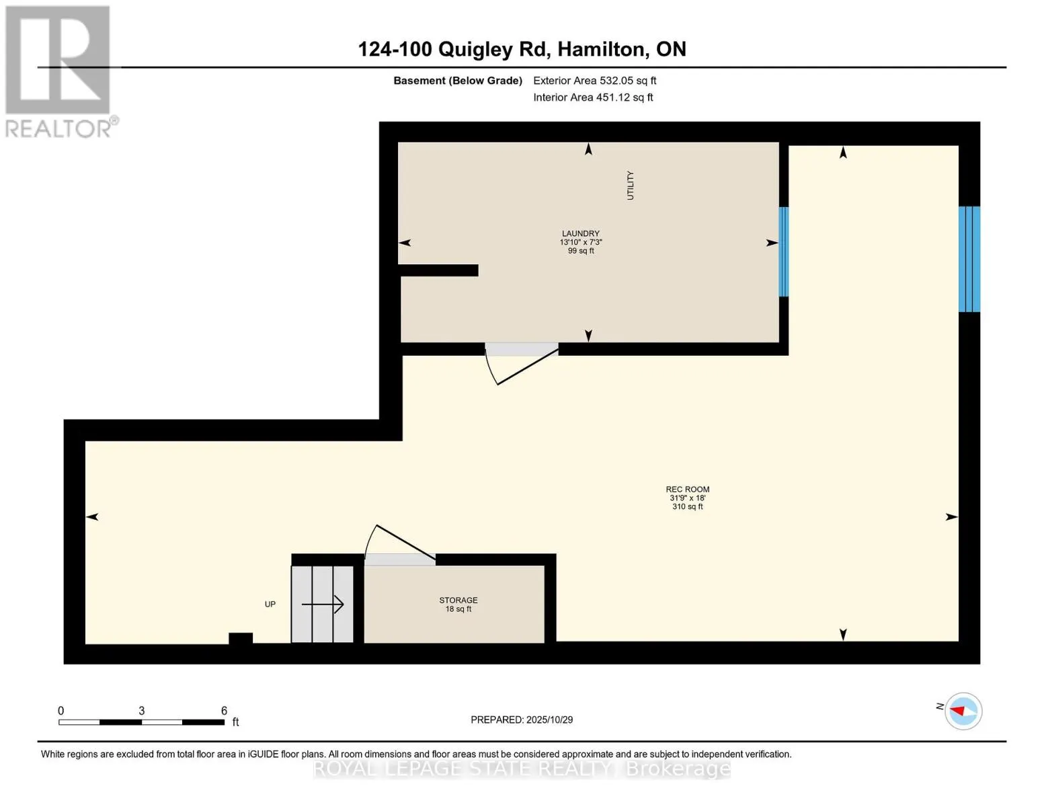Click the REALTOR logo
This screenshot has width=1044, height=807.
pos(59,71)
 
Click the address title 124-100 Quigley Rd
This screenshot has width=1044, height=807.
pos(522,49)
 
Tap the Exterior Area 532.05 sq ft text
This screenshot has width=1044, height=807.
pos(594,81)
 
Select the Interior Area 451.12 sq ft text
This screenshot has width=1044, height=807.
pos(593,98)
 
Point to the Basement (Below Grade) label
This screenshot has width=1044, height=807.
pos(457,81)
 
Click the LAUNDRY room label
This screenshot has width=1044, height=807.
pos(581,234)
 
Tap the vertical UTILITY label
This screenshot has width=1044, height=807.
pos(630,186)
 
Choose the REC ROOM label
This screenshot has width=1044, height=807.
pos(687,490)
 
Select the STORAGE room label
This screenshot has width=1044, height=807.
pos(458,600)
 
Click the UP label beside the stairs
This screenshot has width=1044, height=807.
pos(270,604)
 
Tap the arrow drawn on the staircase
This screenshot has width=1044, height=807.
pos(323,605)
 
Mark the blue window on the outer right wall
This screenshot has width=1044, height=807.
pos(969,259)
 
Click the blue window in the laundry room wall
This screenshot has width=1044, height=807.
pos(783,252)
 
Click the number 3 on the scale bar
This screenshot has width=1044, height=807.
pos(141,711)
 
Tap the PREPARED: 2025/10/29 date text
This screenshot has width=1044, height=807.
pos(522,720)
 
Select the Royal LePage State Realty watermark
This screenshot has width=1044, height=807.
pos(522,769)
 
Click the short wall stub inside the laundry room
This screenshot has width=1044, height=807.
pos(439,270)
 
